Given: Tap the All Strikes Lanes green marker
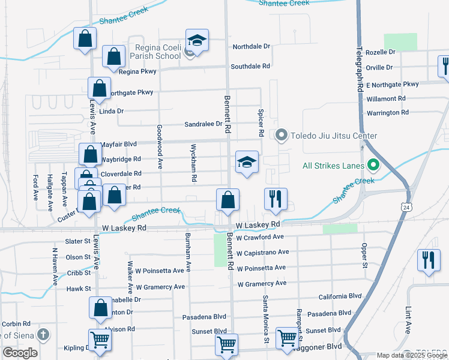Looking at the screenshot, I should click(x=373, y=164).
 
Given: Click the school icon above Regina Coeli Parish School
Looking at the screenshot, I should click(x=197, y=41).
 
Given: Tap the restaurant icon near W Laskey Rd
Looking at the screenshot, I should click(x=276, y=200).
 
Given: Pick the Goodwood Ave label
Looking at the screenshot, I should click(x=160, y=146).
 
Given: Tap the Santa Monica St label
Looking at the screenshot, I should click(x=265, y=319).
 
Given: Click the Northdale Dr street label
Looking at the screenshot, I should click(x=252, y=46).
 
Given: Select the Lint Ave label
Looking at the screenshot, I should click(x=408, y=320).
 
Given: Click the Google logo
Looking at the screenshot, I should click(x=20, y=353).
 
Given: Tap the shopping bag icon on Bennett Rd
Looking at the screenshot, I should click(x=228, y=200).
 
